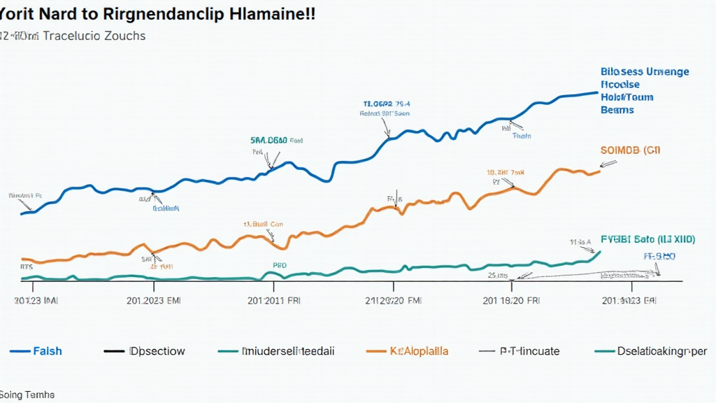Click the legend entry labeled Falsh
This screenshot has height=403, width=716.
[48, 351]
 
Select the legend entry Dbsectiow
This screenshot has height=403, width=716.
[157, 351]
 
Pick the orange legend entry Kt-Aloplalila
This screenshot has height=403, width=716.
[419, 351]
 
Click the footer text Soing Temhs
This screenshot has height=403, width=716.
[27, 395]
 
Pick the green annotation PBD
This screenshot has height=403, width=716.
[279, 266]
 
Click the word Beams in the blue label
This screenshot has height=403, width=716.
[617, 110]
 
